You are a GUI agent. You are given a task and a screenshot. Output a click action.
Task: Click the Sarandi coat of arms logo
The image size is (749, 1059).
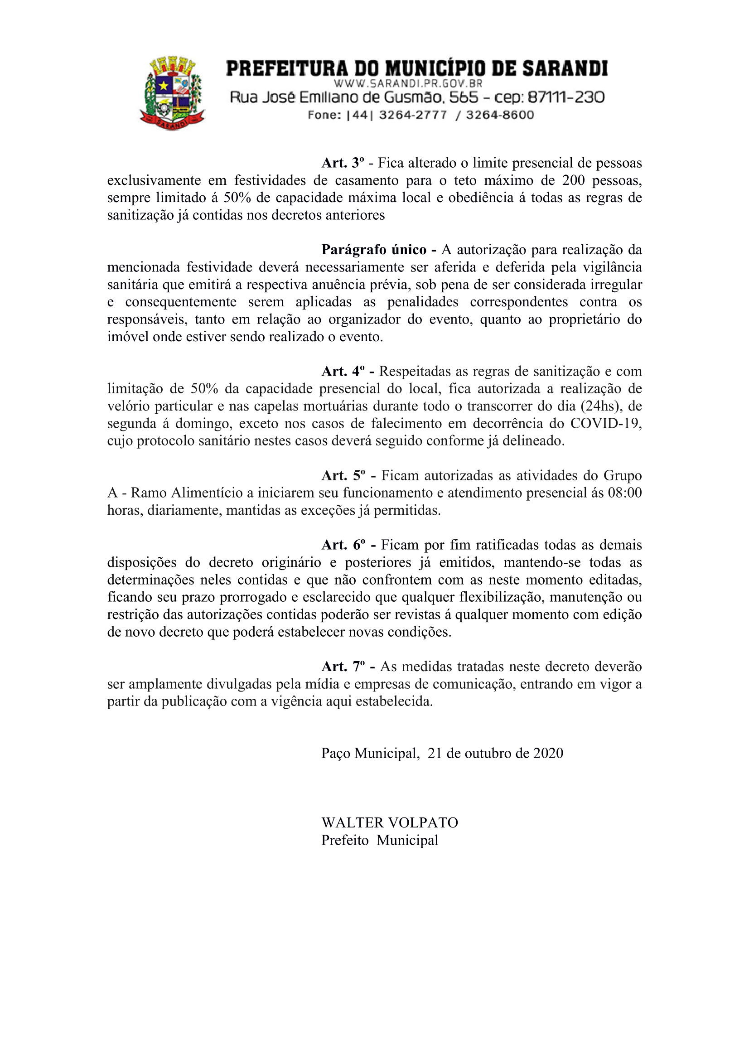(172, 93)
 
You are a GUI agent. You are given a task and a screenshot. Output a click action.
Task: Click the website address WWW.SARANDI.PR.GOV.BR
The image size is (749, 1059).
(408, 83)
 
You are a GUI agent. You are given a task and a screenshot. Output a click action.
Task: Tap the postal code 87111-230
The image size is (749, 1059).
(566, 97)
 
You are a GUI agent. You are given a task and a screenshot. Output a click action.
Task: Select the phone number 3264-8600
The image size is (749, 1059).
(500, 115)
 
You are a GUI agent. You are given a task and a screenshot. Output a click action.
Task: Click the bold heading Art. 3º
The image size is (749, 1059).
(343, 163)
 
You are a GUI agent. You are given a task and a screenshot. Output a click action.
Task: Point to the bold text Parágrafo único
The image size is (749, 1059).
(373, 250)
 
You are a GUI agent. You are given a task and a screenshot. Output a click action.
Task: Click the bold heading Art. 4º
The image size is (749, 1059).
(343, 371)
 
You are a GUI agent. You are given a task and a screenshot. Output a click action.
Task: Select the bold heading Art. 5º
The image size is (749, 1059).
(343, 475)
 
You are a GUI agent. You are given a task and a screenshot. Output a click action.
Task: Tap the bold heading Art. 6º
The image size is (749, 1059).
(343, 545)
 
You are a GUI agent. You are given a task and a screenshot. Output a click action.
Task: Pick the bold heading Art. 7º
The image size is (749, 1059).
(343, 667)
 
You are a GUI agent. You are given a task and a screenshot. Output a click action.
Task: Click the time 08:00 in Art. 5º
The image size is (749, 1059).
(624, 493)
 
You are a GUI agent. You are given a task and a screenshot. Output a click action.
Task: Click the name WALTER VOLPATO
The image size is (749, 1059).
(390, 822)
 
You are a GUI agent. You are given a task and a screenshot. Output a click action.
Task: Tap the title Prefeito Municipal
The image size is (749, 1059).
(380, 840)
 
